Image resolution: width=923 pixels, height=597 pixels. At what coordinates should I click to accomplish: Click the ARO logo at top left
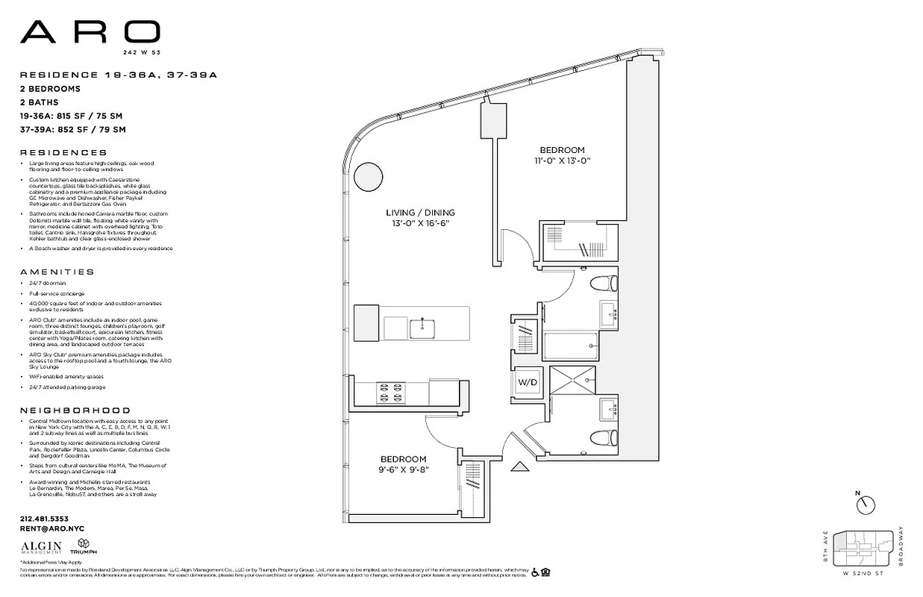[90, 31]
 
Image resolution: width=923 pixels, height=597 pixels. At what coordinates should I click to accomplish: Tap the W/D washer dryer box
[528, 382]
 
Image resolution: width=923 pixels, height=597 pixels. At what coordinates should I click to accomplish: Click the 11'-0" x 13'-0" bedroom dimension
[562, 160]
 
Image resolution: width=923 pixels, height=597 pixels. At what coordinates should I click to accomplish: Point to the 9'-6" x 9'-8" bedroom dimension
[403, 470]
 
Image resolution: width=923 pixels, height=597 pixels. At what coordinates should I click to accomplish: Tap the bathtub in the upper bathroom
[572, 346]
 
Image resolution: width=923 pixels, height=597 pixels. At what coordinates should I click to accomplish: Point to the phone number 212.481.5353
[44, 518]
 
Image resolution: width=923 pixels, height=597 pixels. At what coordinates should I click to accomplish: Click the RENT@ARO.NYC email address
[51, 528]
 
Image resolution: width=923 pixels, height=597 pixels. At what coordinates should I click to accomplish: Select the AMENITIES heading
[57, 272]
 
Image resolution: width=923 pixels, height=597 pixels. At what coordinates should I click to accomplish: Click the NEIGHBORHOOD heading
[75, 410]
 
